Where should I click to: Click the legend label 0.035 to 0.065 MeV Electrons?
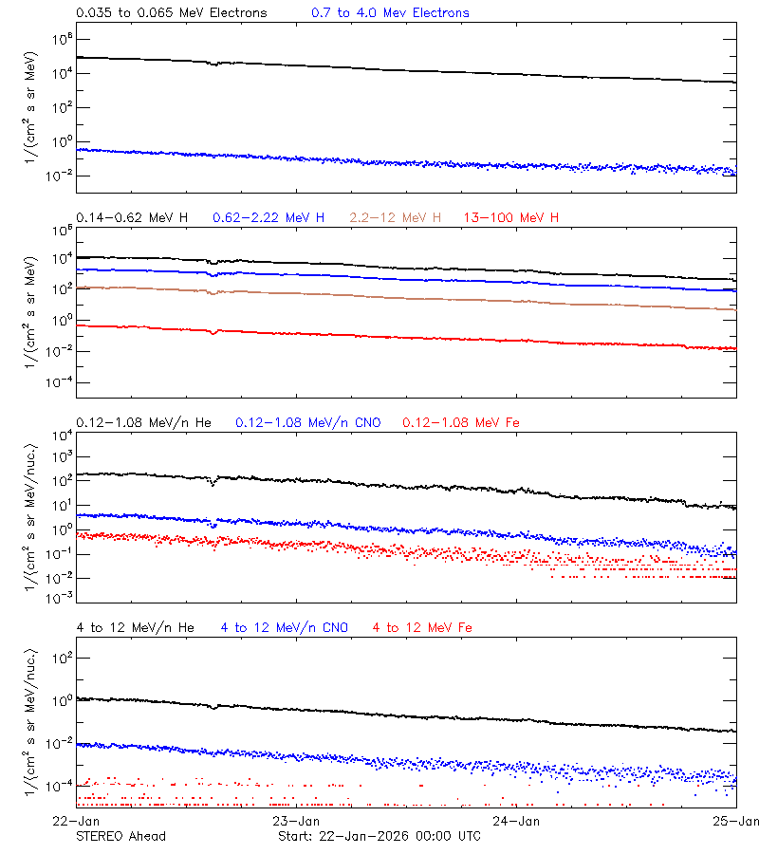[x=171, y=13]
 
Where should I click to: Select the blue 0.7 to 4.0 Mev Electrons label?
[x=390, y=13]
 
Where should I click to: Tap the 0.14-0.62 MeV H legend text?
[x=132, y=218]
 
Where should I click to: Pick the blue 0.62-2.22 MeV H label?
[x=268, y=218]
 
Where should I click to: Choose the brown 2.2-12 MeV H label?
[x=396, y=218]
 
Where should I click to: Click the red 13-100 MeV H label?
[x=511, y=218]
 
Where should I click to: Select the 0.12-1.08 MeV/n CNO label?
[x=307, y=422]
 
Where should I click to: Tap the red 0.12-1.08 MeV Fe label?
[x=461, y=422]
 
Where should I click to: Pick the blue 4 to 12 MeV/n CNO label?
[x=285, y=627]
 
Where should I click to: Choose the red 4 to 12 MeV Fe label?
[x=423, y=627]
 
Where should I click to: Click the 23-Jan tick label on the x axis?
[x=295, y=819]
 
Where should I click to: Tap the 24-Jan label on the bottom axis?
[x=516, y=819]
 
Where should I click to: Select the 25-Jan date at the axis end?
[x=737, y=819]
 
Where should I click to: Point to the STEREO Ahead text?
[x=121, y=836]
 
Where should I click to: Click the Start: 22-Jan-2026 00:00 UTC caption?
[x=379, y=836]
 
